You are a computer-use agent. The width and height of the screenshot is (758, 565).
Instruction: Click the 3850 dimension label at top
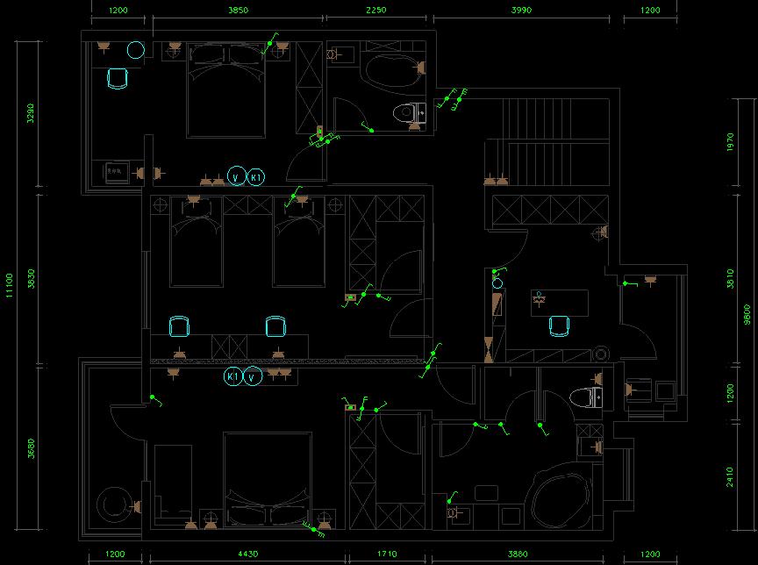click(x=238, y=11)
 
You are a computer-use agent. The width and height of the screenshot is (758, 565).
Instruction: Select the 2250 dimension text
click(x=376, y=11)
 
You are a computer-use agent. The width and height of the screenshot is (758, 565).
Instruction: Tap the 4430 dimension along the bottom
click(x=248, y=554)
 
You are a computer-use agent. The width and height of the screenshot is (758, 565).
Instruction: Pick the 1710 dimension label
click(x=387, y=554)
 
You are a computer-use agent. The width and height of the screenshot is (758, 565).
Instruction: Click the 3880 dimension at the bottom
click(x=518, y=554)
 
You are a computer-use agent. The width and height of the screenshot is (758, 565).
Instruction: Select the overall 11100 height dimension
click(x=10, y=284)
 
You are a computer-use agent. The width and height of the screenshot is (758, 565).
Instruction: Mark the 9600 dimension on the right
click(x=747, y=313)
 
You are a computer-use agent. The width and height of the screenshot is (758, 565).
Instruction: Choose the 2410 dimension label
click(x=732, y=477)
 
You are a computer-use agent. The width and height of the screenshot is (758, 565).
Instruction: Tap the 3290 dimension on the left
click(x=31, y=113)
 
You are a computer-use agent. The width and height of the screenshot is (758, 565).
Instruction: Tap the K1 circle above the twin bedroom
click(x=256, y=176)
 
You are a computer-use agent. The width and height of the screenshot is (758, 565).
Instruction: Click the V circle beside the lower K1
click(x=253, y=377)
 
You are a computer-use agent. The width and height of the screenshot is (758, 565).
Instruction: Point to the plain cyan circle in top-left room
click(x=135, y=49)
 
